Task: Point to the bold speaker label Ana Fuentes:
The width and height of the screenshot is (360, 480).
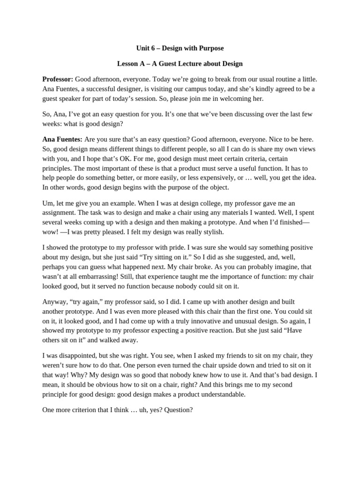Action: click(x=62, y=139)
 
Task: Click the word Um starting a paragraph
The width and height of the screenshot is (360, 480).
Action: click(x=48, y=203)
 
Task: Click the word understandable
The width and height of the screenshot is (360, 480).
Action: click(x=224, y=394)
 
